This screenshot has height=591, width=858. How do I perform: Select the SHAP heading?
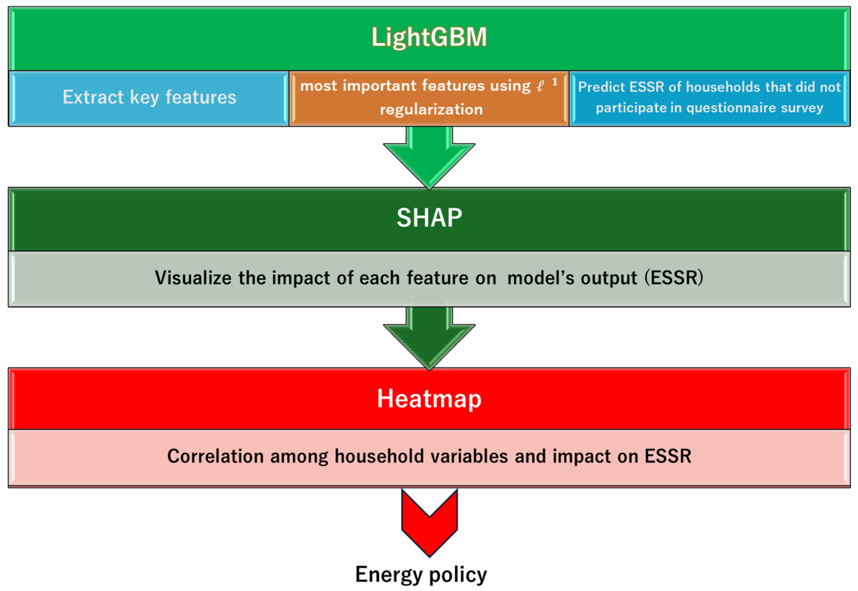429,218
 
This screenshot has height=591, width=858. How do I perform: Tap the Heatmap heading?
429,399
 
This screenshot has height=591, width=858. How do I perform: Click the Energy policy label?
421,574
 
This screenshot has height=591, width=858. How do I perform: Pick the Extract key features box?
149,97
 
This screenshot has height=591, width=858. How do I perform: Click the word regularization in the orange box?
431,110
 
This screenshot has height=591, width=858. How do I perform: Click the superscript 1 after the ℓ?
554,82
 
